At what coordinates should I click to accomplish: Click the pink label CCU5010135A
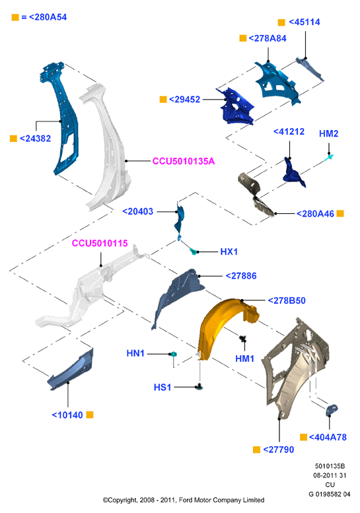coord(184,161)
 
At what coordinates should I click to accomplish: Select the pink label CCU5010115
coord(100,243)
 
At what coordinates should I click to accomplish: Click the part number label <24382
coord(36,139)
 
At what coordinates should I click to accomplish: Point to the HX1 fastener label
coord(229,252)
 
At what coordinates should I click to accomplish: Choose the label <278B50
coord(287,300)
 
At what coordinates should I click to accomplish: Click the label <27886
coord(241,276)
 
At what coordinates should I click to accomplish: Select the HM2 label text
coord(328,133)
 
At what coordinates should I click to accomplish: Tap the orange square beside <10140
coord(90,415)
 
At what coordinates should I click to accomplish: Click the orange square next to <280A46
coord(340,214)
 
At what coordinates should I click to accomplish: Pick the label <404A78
coord(328,437)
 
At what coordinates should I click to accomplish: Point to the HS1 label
coord(162,388)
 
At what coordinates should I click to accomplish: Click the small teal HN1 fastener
coord(174,354)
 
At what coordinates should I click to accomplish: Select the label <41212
coord(289,131)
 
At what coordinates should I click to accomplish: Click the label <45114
coord(305,22)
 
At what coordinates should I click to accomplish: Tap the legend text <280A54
coord(48,17)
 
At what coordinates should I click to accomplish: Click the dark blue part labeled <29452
coord(235,106)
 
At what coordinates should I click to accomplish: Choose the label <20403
coord(138,211)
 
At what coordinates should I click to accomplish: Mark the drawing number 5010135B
coord(330,466)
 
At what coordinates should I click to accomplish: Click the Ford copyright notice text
coord(184,500)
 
